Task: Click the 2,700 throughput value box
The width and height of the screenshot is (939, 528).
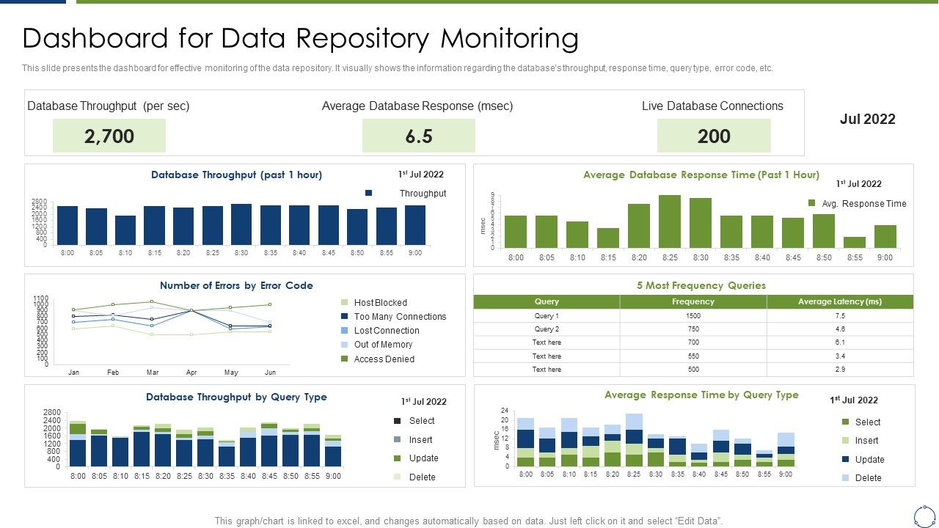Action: pos(109,136)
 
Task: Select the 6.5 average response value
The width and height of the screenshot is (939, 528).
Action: pos(418,136)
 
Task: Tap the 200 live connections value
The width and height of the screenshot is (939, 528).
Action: pos(714,136)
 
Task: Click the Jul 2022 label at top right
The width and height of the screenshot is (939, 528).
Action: pos(867,120)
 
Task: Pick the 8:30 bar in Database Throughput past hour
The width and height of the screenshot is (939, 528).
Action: pos(241,224)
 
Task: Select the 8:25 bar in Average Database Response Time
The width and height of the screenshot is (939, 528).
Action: pos(670,221)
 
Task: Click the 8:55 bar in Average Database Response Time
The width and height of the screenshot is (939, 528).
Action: pos(855,242)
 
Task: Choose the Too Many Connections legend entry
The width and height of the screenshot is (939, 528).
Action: pos(400,317)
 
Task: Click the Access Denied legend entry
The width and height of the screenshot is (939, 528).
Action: pos(384,359)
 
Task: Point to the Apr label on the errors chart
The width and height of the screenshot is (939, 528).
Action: pos(191,373)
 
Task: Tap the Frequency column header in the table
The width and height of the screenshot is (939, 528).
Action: pos(693,301)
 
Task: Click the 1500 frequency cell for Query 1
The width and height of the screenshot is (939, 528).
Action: pos(693,316)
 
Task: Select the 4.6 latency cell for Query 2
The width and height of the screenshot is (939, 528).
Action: pos(840,329)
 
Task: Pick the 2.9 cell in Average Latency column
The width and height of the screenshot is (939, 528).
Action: pos(840,370)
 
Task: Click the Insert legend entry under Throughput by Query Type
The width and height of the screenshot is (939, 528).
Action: pos(420,440)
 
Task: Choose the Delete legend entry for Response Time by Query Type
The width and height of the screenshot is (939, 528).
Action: pos(868,478)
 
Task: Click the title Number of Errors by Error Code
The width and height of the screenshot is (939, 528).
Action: pos(236,286)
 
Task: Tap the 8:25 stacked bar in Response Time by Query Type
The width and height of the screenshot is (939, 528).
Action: pos(635,440)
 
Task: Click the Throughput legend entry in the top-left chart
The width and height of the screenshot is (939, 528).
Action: pos(423,194)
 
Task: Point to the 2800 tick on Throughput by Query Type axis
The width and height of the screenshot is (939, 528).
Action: pos(52,412)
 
